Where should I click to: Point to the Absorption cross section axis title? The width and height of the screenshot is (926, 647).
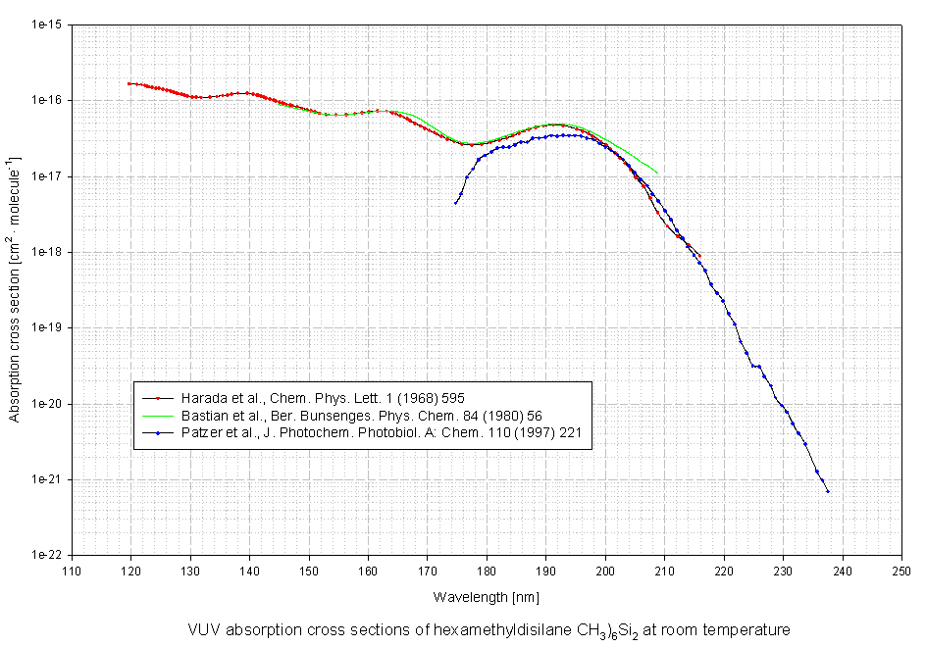tap(15, 290)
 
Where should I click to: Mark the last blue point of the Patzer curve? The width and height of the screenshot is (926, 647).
tap(828, 491)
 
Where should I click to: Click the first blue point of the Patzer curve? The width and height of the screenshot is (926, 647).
tap(456, 203)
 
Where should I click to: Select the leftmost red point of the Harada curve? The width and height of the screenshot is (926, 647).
tap(129, 84)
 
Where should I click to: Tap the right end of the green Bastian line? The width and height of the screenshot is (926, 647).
tap(657, 174)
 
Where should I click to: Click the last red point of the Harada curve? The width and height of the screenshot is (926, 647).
tap(699, 256)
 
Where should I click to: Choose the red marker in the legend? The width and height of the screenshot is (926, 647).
tap(157, 398)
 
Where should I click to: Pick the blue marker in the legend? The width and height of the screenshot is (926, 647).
tap(157, 431)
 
